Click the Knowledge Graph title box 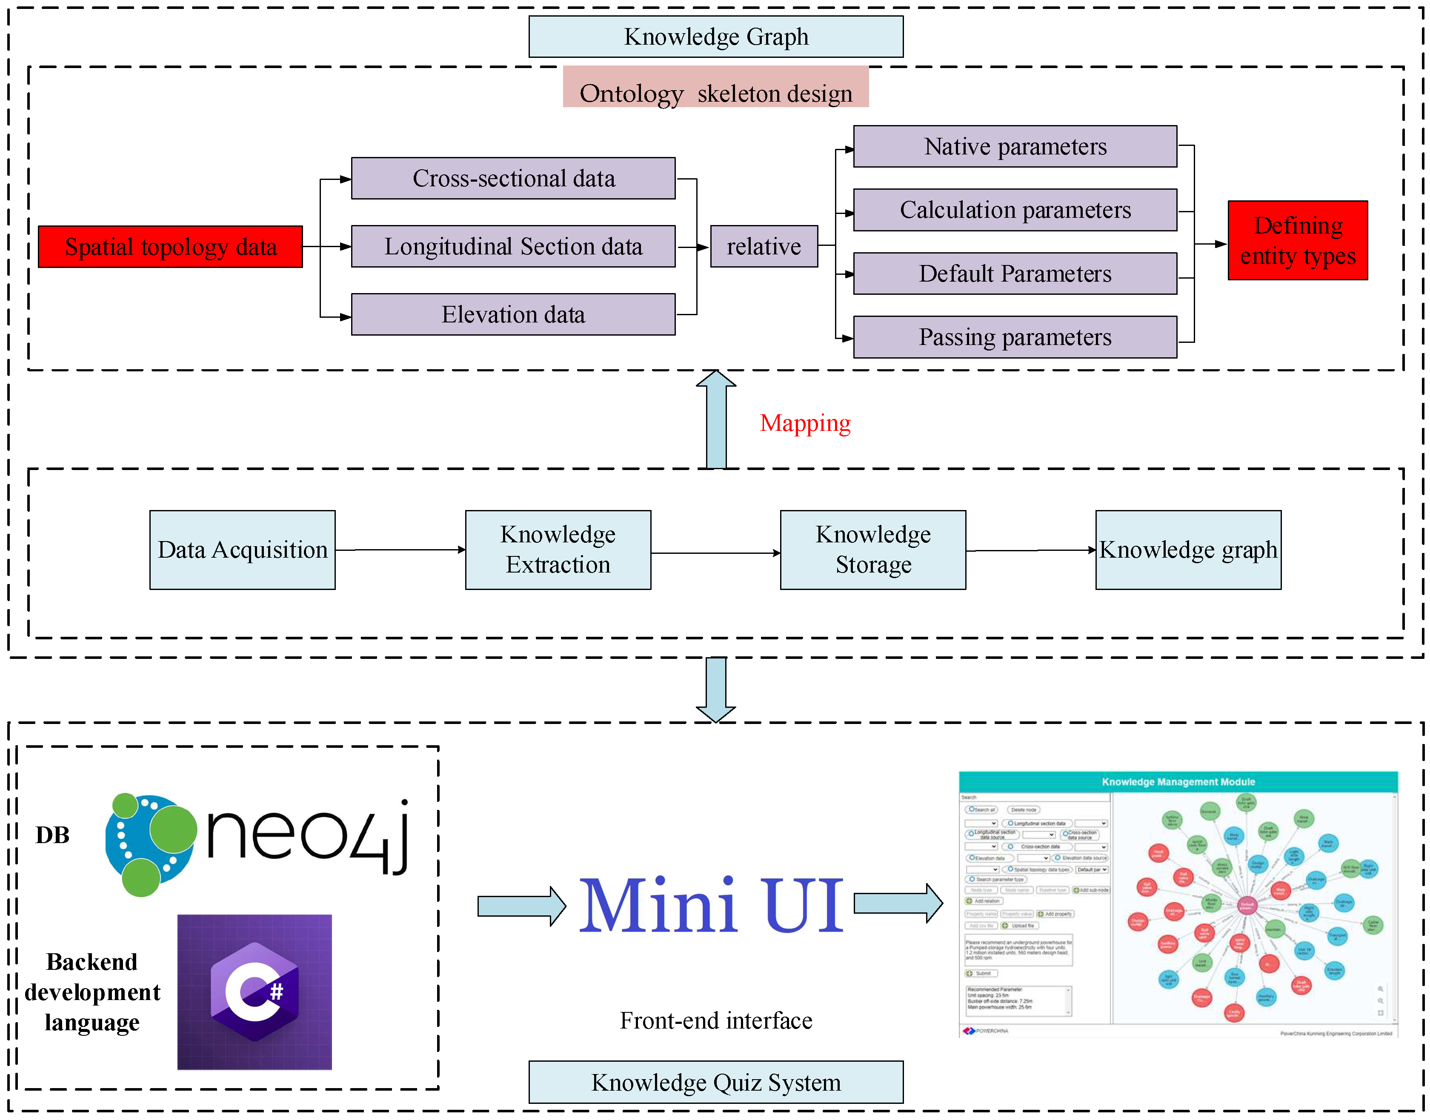(x=716, y=37)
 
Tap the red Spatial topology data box (x=171, y=247)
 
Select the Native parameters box (x=1015, y=146)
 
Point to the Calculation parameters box (x=1015, y=210)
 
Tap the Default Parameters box (x=1015, y=274)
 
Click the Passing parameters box (x=1015, y=337)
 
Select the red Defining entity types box (x=1298, y=241)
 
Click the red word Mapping (x=805, y=423)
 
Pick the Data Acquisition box (x=242, y=550)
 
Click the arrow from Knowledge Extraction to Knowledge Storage (x=715, y=553)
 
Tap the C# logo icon (x=255, y=992)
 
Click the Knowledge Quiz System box (x=716, y=1082)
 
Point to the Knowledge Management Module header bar (x=1178, y=782)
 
